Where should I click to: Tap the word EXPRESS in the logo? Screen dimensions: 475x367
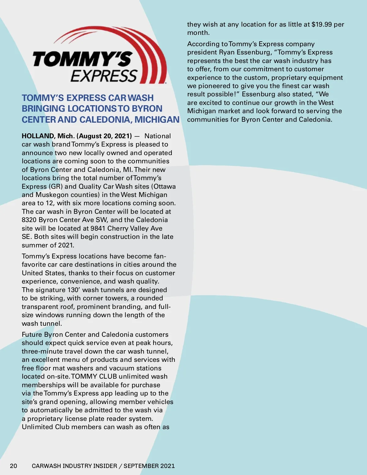point(104,76)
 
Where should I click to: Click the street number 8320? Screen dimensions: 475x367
point(29,220)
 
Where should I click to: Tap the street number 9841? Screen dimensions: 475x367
point(98,228)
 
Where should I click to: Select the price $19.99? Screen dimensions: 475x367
point(321,24)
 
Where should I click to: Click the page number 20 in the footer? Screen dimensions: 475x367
point(13,466)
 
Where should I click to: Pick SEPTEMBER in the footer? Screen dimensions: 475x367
point(141,466)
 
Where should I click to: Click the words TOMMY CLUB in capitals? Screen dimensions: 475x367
point(94,377)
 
